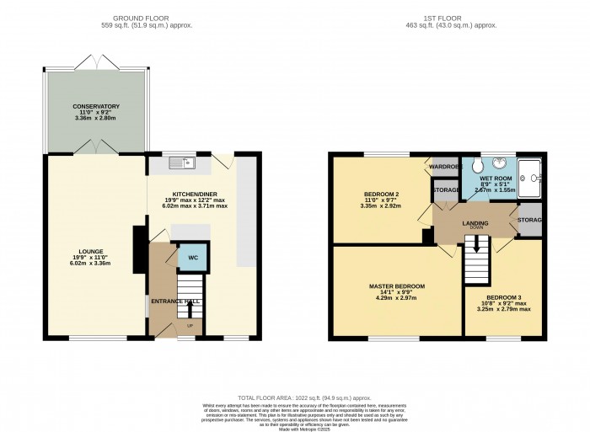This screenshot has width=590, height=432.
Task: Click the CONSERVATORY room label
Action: [x=95, y=106]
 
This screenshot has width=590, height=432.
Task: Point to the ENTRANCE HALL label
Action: [x=176, y=301]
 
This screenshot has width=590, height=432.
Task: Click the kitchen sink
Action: [x=181, y=163]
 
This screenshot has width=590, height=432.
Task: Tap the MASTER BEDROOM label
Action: [x=396, y=286]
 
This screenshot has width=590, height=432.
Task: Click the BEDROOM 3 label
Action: [x=504, y=297]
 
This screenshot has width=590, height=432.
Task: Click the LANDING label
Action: [x=475, y=223]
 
